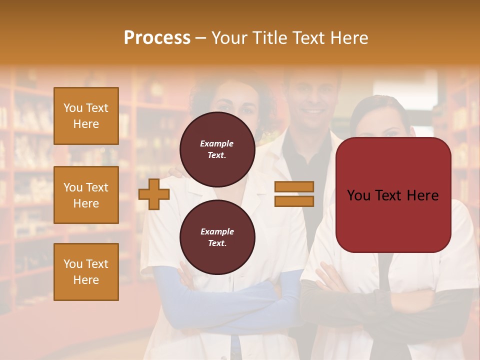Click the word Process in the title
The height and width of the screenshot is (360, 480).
pyautogui.click(x=157, y=38)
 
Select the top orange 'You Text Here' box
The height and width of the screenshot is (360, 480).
pyautogui.click(x=86, y=116)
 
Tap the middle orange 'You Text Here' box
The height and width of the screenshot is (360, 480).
pyautogui.click(x=86, y=195)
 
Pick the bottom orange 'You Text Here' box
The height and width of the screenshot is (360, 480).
pyautogui.click(x=86, y=272)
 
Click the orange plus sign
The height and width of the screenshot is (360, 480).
pyautogui.click(x=153, y=194)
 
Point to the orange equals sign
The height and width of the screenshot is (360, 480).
pyautogui.click(x=294, y=194)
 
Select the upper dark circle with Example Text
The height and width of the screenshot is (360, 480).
pyautogui.click(x=217, y=149)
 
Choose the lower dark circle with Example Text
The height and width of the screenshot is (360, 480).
pyautogui.click(x=217, y=237)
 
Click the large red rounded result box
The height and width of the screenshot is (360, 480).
pyautogui.click(x=393, y=195)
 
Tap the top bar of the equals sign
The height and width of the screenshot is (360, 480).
pyautogui.click(x=294, y=186)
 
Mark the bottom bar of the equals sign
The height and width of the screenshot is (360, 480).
pyautogui.click(x=294, y=201)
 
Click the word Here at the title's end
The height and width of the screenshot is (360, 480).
pyautogui.click(x=349, y=38)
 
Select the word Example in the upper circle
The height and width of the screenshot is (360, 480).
pyautogui.click(x=216, y=143)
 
